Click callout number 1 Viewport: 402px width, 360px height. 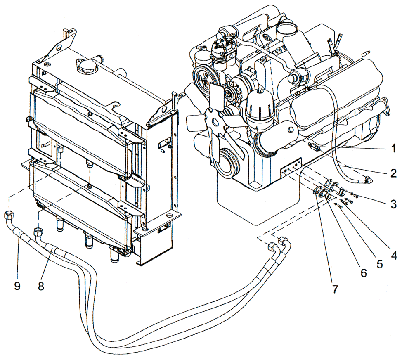(394, 148)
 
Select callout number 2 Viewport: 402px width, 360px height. (394, 173)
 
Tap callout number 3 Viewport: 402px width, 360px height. (394, 204)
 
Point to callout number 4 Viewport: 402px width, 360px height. (394, 256)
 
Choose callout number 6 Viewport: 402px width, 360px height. (363, 273)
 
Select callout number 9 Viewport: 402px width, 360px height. (17, 286)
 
